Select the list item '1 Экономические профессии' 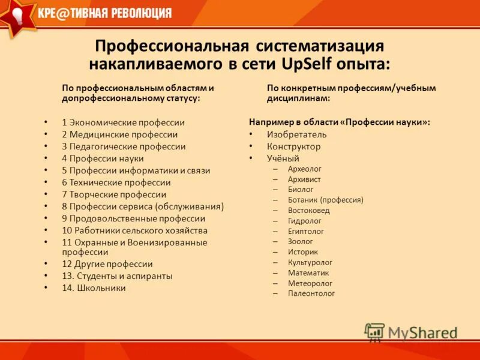(x=123, y=122)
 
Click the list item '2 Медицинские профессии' (x=119, y=134)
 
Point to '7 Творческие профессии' (x=114, y=194)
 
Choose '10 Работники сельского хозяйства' (x=134, y=230)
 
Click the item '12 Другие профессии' (x=107, y=264)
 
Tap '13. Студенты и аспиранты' (x=117, y=276)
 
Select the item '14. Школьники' (x=94, y=288)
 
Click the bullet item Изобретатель (x=296, y=134)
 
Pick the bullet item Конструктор (x=293, y=146)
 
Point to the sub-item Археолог (x=305, y=169)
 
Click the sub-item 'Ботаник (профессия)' (x=325, y=200)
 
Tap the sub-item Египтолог (x=306, y=231)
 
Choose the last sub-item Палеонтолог (x=311, y=293)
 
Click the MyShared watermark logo (x=411, y=332)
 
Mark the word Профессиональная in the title (x=174, y=47)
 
